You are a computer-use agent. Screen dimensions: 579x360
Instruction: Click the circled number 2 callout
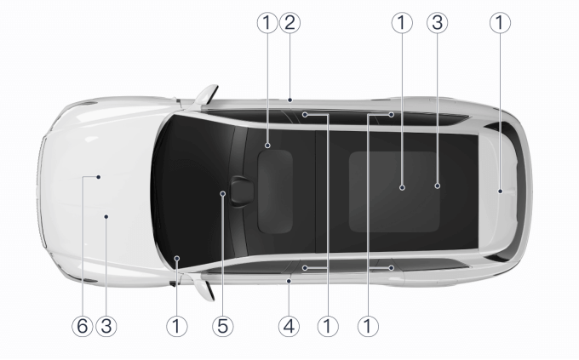click(289, 23)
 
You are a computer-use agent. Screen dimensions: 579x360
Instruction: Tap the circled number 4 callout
click(289, 327)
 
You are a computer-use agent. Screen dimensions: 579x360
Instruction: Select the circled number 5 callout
click(223, 327)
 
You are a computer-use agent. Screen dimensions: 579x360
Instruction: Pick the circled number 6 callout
click(83, 327)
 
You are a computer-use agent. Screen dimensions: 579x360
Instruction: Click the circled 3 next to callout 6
click(106, 327)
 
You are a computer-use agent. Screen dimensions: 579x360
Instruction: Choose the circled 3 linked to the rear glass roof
click(437, 23)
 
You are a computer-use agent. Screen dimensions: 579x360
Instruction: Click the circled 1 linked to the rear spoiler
click(500, 23)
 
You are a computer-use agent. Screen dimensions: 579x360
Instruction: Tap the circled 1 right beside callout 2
click(267, 23)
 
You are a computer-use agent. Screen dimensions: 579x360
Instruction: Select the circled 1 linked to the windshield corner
click(177, 327)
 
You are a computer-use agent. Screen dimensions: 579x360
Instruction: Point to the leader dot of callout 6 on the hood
click(99, 177)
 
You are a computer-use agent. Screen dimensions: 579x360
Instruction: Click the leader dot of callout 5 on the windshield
click(223, 193)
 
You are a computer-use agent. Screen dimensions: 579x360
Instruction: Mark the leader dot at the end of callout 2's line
click(290, 100)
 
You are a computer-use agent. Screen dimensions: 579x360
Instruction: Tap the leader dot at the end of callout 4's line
click(289, 282)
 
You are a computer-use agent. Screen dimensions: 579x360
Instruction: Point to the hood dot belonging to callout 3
click(106, 216)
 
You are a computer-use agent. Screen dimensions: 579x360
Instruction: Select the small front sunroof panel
click(275, 191)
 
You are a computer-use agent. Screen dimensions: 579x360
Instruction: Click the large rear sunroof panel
click(394, 191)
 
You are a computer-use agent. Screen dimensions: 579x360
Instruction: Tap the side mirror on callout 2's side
click(206, 94)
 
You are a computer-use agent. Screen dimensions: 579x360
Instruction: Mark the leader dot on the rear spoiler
click(500, 191)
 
